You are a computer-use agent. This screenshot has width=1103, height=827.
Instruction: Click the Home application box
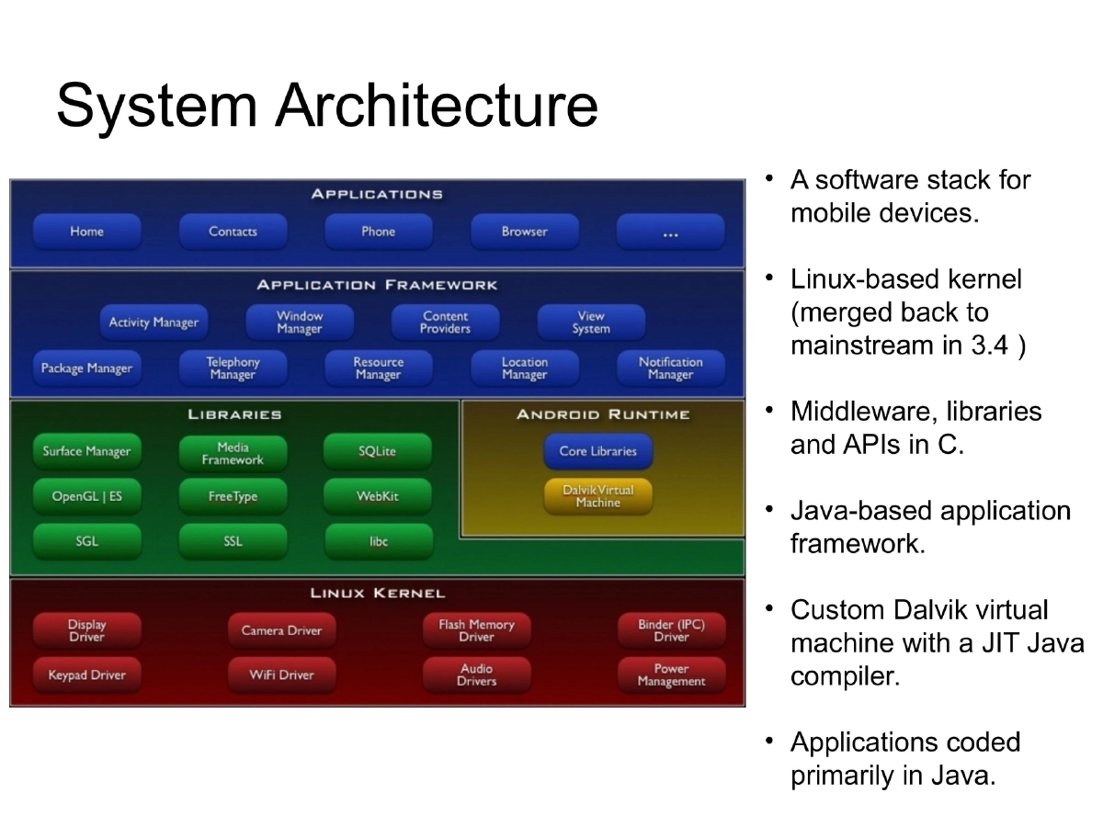(86, 232)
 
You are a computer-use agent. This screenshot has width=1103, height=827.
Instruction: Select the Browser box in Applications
(524, 232)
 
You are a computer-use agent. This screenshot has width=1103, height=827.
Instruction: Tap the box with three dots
(670, 232)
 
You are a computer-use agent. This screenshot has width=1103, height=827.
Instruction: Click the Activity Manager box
(154, 323)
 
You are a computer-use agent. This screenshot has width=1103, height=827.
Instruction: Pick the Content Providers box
(445, 323)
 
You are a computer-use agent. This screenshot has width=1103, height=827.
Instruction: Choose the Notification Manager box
(670, 368)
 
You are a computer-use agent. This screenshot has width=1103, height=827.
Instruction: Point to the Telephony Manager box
(233, 368)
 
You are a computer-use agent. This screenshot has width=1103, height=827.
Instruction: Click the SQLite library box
(377, 451)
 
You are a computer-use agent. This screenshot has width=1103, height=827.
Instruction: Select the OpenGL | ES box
(86, 496)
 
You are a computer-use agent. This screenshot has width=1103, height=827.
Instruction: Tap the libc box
(378, 541)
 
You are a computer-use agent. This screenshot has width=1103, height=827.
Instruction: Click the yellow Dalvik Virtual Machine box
(597, 496)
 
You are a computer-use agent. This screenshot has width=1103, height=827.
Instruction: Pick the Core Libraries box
(597, 451)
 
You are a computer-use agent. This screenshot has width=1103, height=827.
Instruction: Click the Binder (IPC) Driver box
(671, 630)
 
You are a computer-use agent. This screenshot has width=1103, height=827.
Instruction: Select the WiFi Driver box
(281, 675)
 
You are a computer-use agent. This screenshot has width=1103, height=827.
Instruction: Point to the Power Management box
(671, 675)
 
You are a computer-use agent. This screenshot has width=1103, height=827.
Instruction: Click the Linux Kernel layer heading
(377, 594)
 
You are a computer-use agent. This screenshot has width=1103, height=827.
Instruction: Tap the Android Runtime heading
(603, 414)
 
